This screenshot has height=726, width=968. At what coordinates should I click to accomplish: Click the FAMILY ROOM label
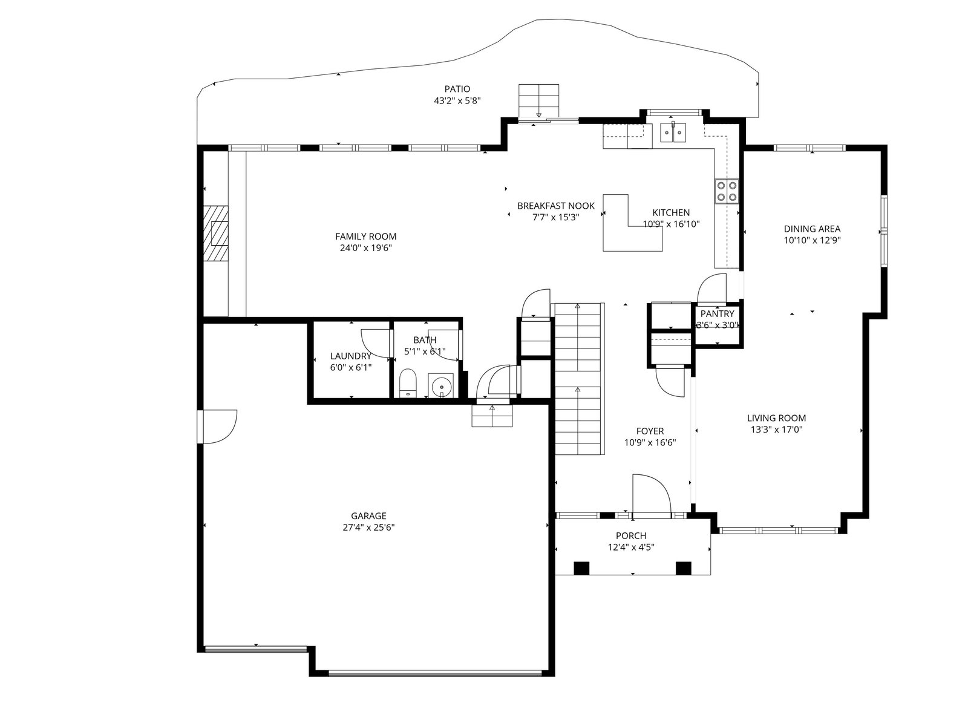coord(365,237)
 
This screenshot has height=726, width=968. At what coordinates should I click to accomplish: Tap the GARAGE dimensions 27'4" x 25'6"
coord(368,527)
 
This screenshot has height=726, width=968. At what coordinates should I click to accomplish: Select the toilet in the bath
coord(408,384)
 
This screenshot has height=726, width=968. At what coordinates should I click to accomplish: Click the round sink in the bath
coord(440,386)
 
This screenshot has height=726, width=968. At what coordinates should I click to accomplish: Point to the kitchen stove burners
coord(727,191)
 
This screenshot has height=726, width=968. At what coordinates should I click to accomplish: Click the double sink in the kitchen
coord(673,132)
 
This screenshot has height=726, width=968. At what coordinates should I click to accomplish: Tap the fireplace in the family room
coord(216,233)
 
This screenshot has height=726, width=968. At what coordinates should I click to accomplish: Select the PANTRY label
coord(717,314)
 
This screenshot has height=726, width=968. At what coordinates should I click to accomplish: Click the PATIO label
coord(457,89)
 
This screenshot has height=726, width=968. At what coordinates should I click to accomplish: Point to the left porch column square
coord(581,568)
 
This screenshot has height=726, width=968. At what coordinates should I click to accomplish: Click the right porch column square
coord(683,568)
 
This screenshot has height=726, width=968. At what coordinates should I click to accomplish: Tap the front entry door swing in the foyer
coord(652,494)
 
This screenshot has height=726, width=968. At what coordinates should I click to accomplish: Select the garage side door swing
coord(219,427)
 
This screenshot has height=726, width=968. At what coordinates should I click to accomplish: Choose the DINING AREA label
coord(812,229)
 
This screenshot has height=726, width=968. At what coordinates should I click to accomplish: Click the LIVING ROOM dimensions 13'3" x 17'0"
coord(776,430)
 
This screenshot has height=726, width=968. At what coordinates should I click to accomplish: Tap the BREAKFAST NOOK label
coord(555,206)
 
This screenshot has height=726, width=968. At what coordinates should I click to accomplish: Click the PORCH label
coord(631,536)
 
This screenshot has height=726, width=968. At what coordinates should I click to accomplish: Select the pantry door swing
coord(711,288)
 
